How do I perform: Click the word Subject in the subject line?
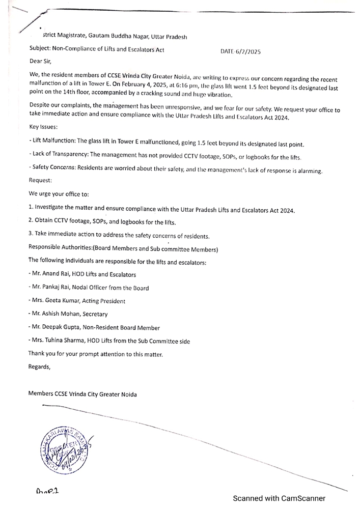(x=41, y=49)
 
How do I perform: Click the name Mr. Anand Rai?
(x=52, y=274)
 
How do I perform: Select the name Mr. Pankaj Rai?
(x=53, y=288)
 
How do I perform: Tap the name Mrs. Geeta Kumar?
(x=54, y=301)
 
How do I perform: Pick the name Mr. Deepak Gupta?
(x=56, y=328)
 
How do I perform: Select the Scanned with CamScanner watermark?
(x=279, y=498)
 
